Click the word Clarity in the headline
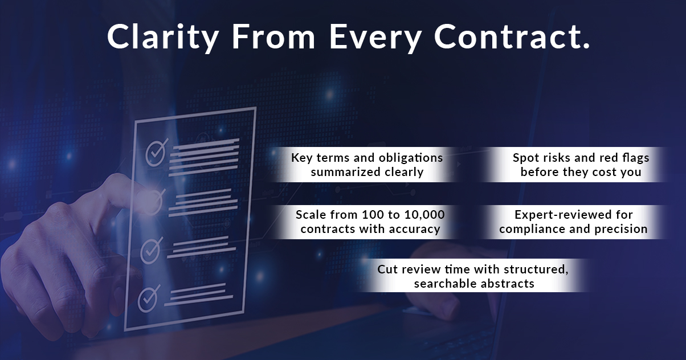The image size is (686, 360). click(x=162, y=38)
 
